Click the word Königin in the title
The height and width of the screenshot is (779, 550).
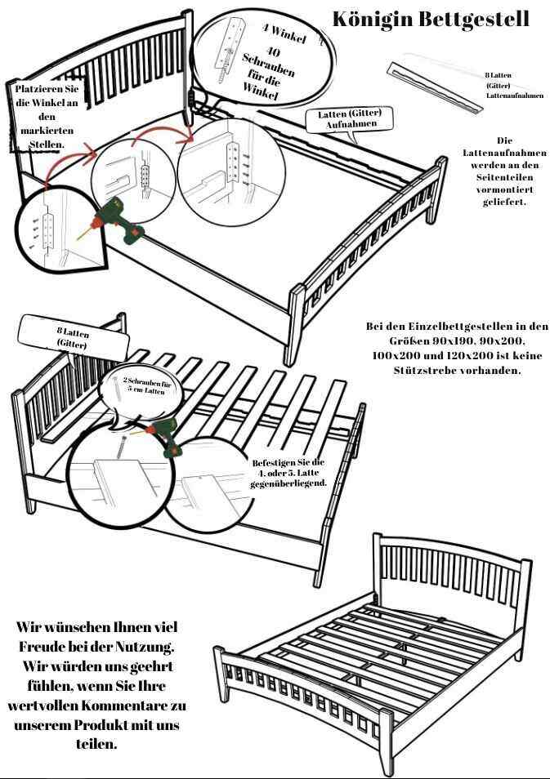click(x=370, y=19)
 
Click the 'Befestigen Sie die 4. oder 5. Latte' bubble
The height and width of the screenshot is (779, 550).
click(x=288, y=473)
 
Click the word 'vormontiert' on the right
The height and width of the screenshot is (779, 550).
click(x=499, y=189)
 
